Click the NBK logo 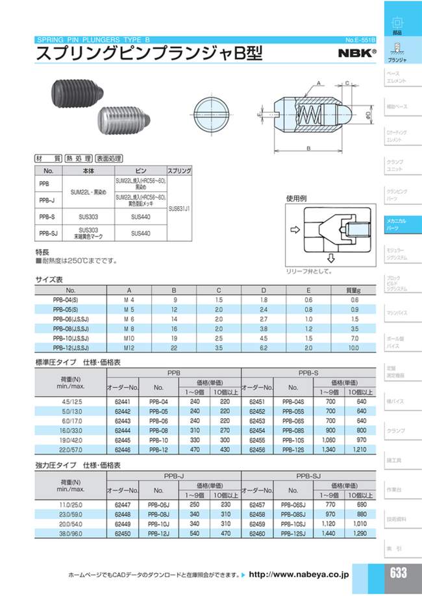click(357, 53)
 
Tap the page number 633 click(399, 573)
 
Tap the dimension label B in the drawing click(308, 149)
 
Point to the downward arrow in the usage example click(330, 257)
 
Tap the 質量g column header click(353, 290)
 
